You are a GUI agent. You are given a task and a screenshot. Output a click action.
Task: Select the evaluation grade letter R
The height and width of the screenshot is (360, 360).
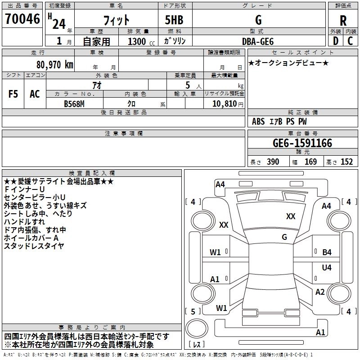point(343,20)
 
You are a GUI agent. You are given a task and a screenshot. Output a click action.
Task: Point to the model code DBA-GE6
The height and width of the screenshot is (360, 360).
point(257,41)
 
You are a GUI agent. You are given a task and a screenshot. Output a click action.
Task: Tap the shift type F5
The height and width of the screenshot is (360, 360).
point(13,94)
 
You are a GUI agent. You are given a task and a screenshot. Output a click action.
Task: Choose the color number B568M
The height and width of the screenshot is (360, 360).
point(75,104)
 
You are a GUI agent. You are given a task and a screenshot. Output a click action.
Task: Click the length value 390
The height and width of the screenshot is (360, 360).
point(273,162)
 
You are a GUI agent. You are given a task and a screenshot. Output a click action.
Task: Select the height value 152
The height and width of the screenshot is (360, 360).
point(346,162)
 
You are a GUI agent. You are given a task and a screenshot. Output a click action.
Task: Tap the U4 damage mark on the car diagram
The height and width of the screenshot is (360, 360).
point(327,268)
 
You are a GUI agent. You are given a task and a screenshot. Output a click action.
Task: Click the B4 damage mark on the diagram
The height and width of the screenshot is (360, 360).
point(327,252)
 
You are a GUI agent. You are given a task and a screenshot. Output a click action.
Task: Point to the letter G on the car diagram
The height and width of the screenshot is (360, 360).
point(284,237)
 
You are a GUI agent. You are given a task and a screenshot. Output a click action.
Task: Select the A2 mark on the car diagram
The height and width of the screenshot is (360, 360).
point(320,292)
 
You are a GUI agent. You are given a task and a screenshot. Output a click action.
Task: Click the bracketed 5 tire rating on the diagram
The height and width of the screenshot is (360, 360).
point(193,311)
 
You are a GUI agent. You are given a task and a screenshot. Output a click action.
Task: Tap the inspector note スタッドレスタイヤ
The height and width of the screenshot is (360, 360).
point(34,246)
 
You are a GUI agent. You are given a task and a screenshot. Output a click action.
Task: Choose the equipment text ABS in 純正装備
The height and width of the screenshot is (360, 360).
point(258,121)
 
